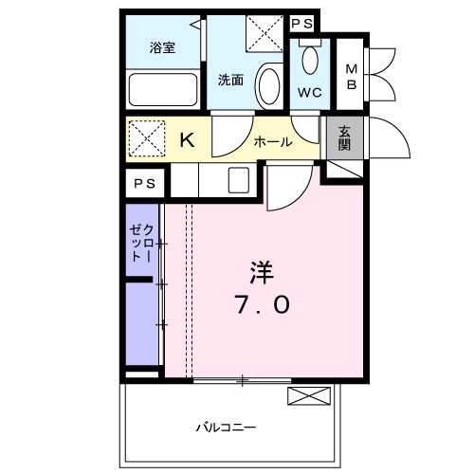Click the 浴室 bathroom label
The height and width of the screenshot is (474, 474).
point(162,48)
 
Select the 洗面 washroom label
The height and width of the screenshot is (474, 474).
point(231,80)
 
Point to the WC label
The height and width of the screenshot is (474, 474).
point(310,93)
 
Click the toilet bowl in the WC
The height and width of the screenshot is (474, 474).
point(310,60)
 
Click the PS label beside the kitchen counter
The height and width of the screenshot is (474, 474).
point(145,184)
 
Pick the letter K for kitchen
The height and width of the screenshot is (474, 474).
point(188,141)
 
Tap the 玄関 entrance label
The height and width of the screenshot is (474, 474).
point(343,139)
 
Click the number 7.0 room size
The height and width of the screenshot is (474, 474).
point(262,305)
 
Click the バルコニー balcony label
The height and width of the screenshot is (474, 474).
point(227,427)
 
